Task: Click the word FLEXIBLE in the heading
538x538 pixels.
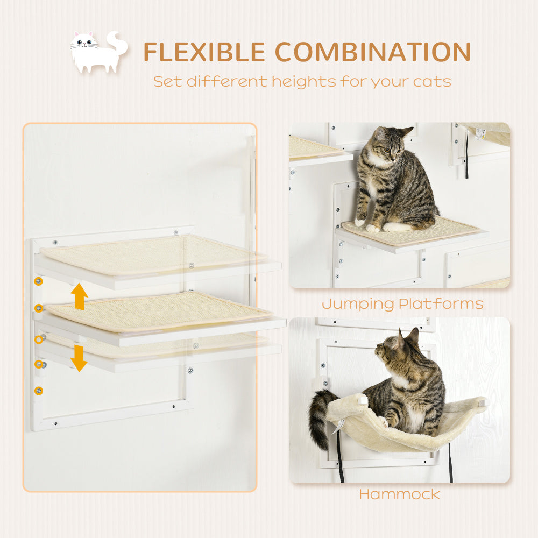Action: pyautogui.click(x=204, y=52)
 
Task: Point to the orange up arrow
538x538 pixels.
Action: pyautogui.click(x=80, y=296)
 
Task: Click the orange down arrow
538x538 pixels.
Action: pyautogui.click(x=79, y=358)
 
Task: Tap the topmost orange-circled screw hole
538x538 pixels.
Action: pyautogui.click(x=38, y=281)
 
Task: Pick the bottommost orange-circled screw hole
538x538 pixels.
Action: pyautogui.click(x=38, y=391)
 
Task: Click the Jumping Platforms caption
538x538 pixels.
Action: pyautogui.click(x=402, y=304)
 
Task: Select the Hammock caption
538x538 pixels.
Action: pyautogui.click(x=399, y=494)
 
